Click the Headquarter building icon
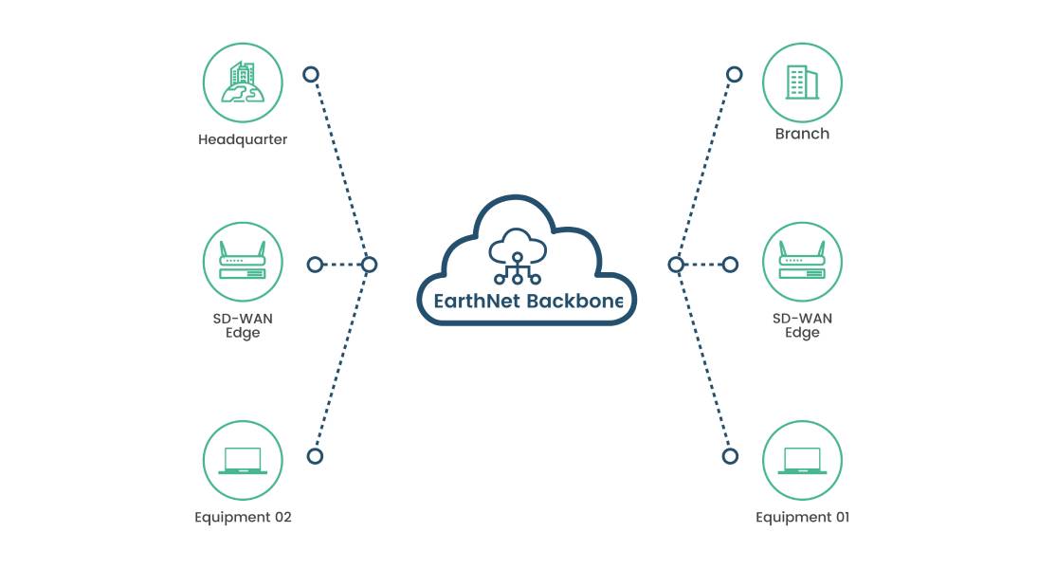coord(243,82)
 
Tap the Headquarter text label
coord(243,139)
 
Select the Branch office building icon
coord(802,82)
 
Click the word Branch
coord(802,134)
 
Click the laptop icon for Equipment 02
coord(243,461)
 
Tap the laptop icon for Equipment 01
coord(802,461)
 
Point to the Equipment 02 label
coord(243,517)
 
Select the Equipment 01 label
coord(802,517)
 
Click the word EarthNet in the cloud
coord(470,302)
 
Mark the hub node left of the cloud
coord(370,265)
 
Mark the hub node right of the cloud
coord(676,265)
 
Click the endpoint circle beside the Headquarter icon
coord(310,74)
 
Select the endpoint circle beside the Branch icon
coord(735,74)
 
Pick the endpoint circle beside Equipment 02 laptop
coord(315,456)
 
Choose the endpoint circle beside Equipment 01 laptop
coord(730,456)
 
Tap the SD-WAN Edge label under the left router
coord(243,325)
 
